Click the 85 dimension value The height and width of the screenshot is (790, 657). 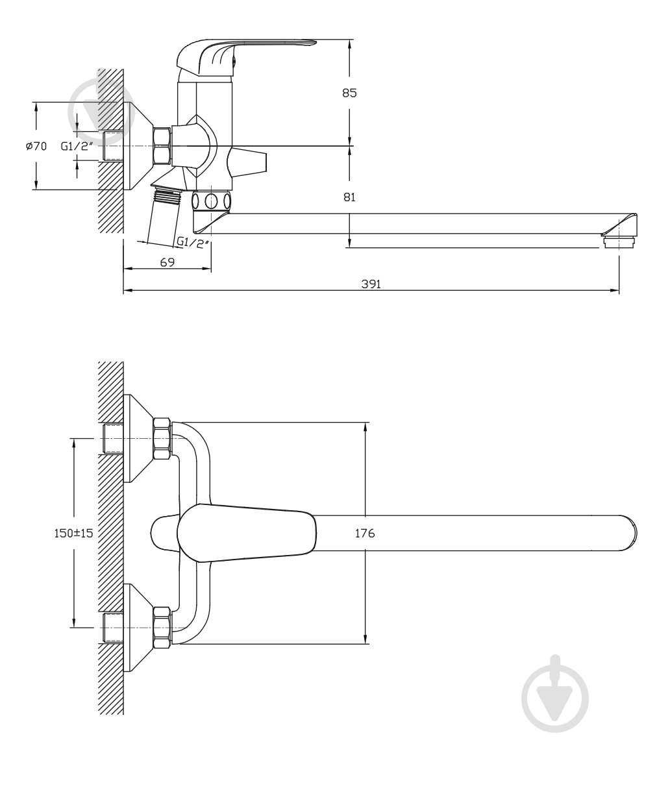[x=349, y=93]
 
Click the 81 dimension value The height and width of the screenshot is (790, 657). [x=349, y=197]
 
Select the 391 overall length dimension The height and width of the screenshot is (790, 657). [x=371, y=284]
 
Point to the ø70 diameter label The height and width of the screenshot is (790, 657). [x=36, y=147]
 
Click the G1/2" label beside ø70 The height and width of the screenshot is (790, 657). [x=77, y=147]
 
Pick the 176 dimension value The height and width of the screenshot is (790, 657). [x=365, y=534]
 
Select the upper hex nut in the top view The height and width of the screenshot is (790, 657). [x=162, y=439]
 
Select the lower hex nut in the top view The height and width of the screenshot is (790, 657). [x=162, y=627]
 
